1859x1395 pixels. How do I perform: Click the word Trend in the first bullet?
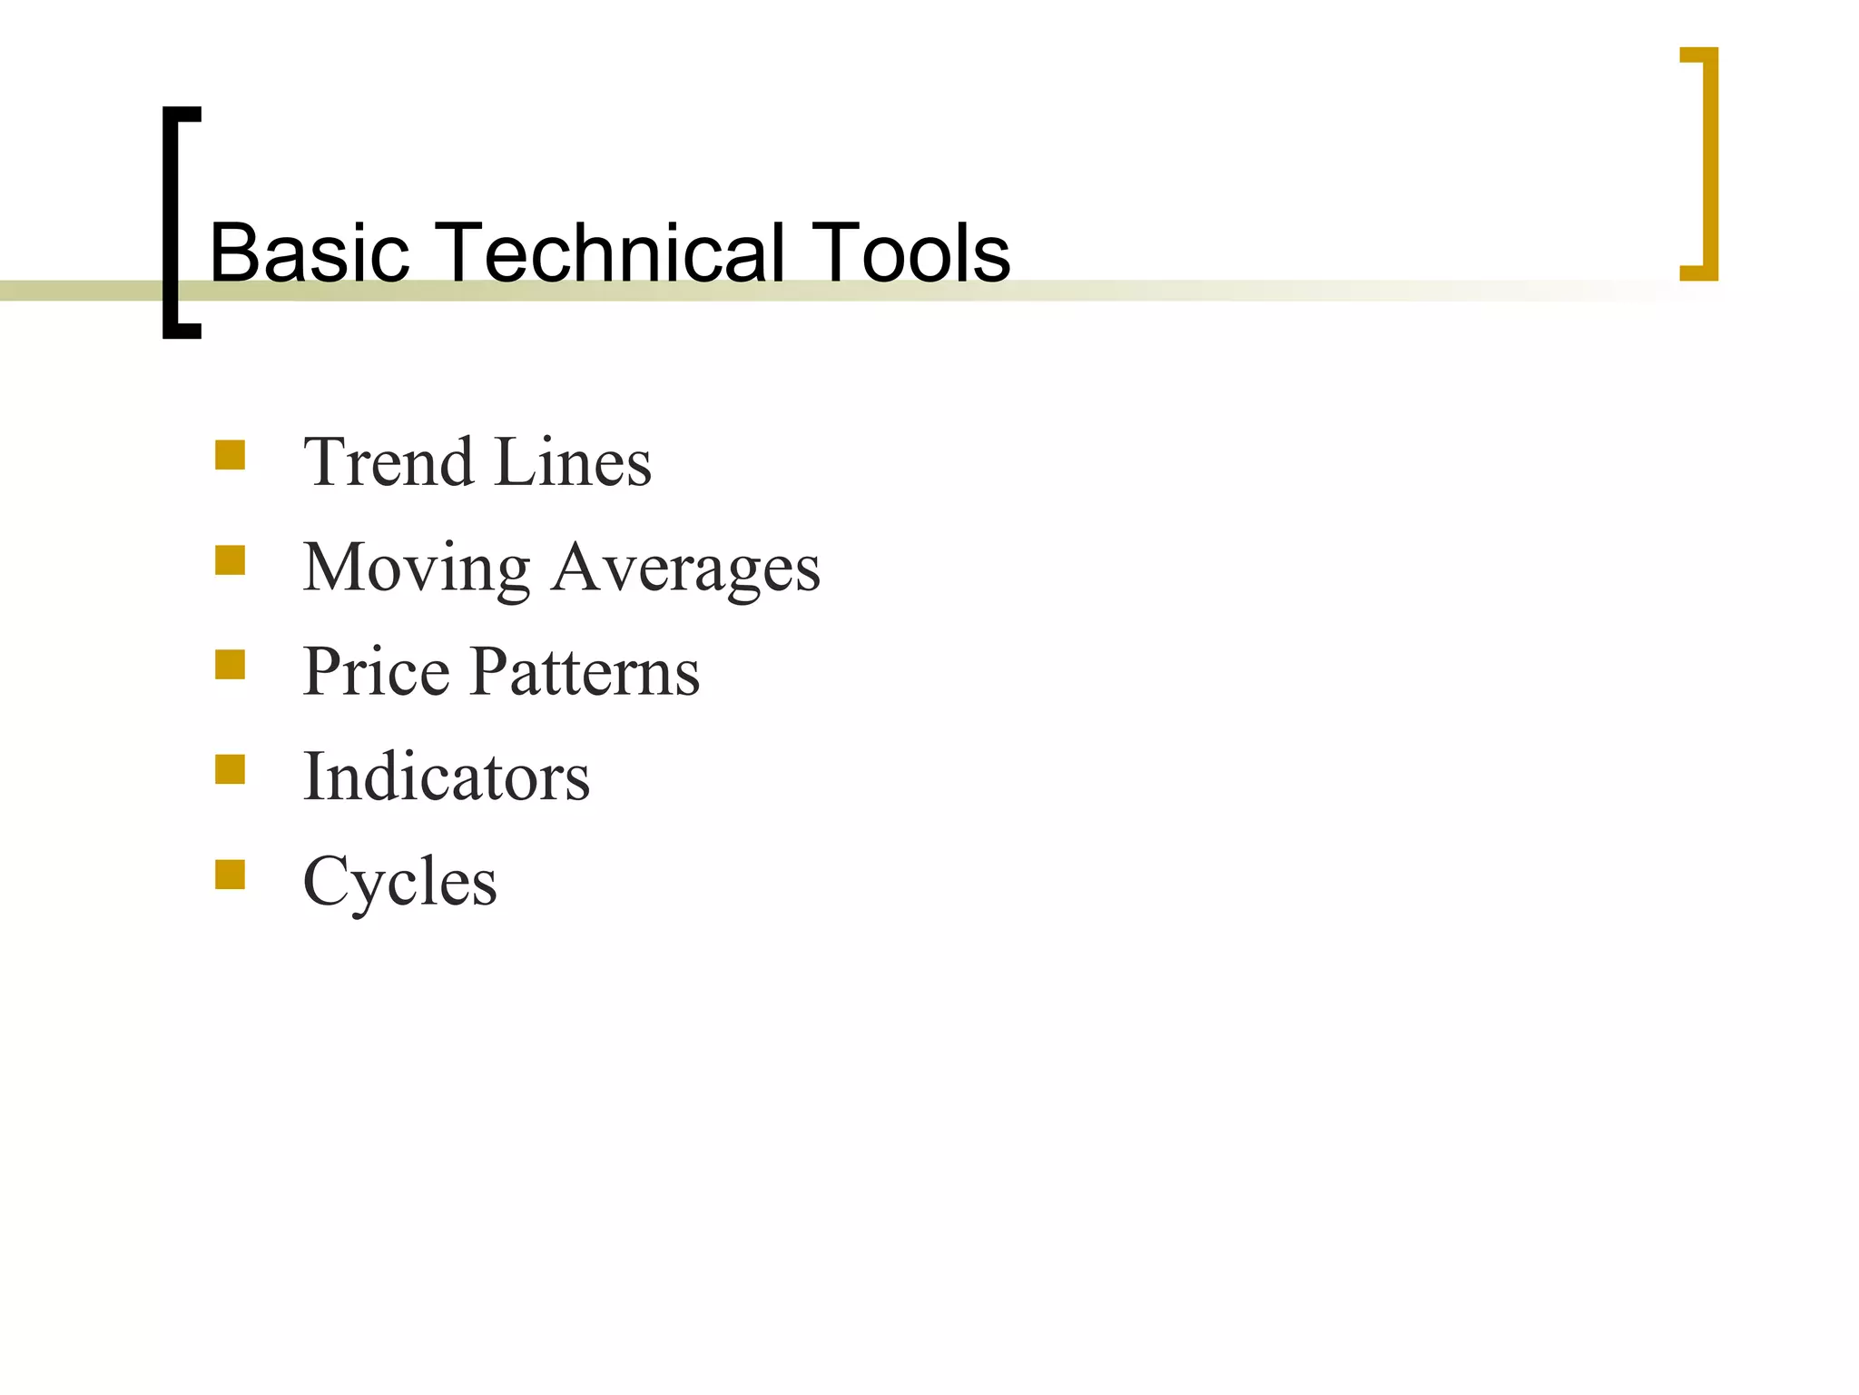388,462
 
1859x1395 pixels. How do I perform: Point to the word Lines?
574,462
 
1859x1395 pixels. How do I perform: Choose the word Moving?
417,568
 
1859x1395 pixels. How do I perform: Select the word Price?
376,672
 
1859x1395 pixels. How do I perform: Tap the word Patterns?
585,672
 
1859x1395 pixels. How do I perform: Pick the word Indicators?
446,777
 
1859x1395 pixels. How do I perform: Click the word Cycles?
399,882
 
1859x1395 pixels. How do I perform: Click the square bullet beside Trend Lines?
231,455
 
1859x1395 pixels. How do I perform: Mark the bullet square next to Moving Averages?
231,560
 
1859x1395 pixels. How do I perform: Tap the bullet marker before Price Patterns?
231,665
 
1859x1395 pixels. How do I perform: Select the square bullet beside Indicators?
231,769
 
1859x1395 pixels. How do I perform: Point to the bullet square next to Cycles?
231,875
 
